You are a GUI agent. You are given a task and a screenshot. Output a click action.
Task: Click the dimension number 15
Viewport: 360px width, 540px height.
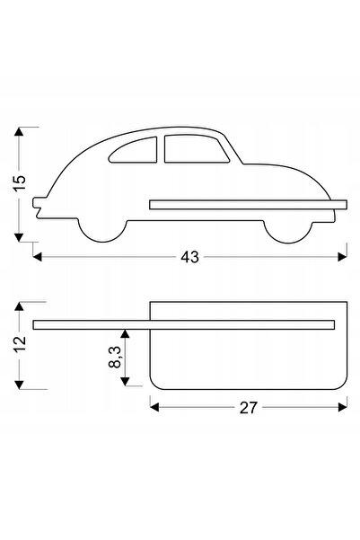19,182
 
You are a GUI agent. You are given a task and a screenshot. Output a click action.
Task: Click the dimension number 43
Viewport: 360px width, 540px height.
189,257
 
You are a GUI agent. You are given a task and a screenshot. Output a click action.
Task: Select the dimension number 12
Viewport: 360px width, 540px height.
19,344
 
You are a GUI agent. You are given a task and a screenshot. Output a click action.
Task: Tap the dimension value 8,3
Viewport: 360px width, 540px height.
115,357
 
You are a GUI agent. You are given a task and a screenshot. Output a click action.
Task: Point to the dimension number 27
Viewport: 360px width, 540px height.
248,408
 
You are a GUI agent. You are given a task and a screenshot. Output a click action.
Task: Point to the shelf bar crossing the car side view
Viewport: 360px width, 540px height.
248,205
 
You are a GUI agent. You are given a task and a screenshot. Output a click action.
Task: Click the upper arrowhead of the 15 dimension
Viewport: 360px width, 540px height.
19,131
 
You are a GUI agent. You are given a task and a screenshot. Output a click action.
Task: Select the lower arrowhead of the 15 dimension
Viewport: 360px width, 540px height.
19,237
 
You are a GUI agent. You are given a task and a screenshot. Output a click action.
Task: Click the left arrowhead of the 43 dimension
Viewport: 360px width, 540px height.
37,257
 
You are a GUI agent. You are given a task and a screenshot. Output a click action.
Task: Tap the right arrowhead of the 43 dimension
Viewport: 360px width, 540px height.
342,257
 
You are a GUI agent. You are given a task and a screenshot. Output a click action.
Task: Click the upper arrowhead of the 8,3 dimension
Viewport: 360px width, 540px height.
125,333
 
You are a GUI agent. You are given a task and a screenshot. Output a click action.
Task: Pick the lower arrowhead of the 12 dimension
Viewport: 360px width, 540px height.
19,385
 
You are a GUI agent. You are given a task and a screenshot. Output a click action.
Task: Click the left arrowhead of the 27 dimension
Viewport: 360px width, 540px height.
154,407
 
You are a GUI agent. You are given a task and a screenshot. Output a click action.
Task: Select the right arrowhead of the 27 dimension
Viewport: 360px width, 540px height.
342,407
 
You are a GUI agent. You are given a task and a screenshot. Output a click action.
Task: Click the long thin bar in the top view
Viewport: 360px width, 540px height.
184,324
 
